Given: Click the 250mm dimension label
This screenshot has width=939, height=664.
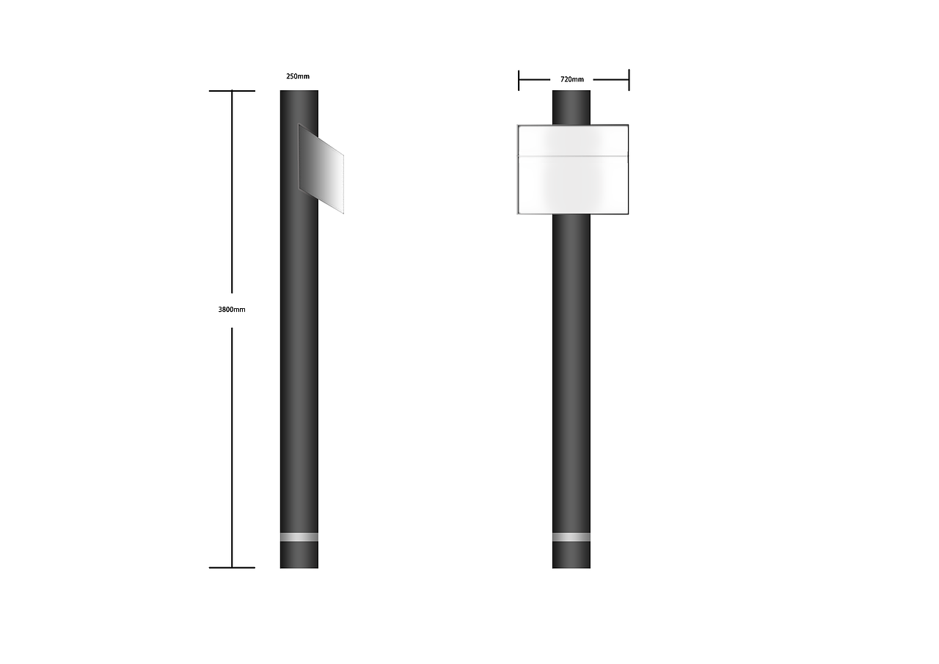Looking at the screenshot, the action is (x=298, y=76).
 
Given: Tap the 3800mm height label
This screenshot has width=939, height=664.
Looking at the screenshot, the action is (x=232, y=310).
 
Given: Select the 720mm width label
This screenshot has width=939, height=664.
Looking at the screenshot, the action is (x=571, y=79).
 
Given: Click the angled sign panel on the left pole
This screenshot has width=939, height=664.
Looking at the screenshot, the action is (x=321, y=169).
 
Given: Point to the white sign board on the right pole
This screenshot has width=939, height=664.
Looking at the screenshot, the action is (x=573, y=169).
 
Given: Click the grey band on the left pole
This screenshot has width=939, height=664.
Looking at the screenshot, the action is (x=299, y=537).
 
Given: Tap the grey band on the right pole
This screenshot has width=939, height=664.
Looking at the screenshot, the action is (x=571, y=537).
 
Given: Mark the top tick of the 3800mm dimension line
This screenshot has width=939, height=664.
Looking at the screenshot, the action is (x=232, y=90).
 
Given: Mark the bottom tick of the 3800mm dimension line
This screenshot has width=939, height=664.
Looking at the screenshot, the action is (x=232, y=568).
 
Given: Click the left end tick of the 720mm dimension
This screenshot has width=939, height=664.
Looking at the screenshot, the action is (x=519, y=80).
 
